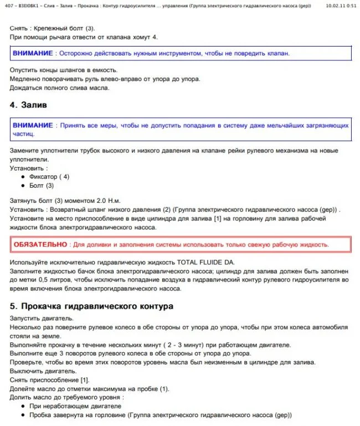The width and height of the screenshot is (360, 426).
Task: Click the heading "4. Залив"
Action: [28, 104]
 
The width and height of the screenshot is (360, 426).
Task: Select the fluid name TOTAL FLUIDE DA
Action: [208, 261]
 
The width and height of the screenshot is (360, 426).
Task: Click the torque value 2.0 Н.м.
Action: [106, 201]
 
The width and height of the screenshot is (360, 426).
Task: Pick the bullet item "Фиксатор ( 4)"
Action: [49, 177]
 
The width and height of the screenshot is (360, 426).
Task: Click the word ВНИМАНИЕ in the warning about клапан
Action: [33, 54]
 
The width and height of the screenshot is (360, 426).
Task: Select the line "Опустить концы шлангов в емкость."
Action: [64, 70]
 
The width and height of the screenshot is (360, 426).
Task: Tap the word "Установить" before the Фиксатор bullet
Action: [27, 168]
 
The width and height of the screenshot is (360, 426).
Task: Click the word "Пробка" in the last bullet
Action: [41, 415]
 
